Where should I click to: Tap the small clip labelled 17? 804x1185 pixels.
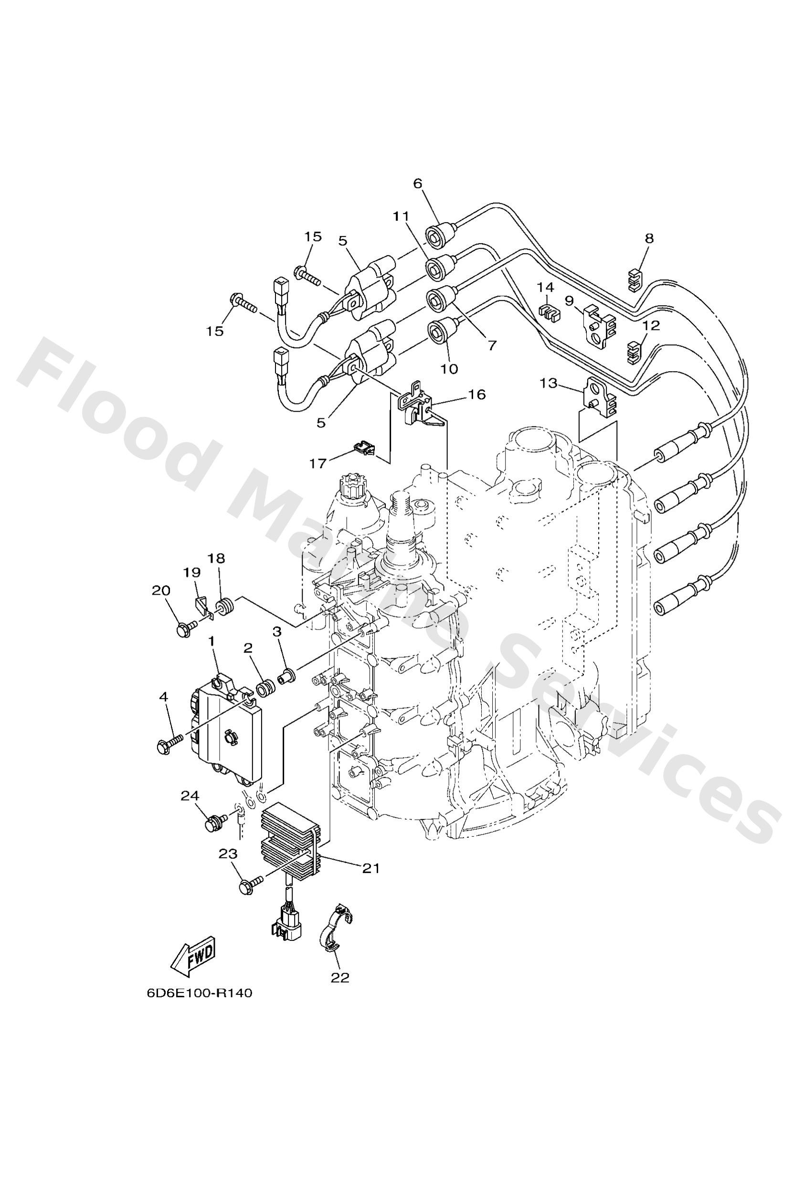click(363, 448)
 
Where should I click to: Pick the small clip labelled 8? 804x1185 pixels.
click(633, 280)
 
